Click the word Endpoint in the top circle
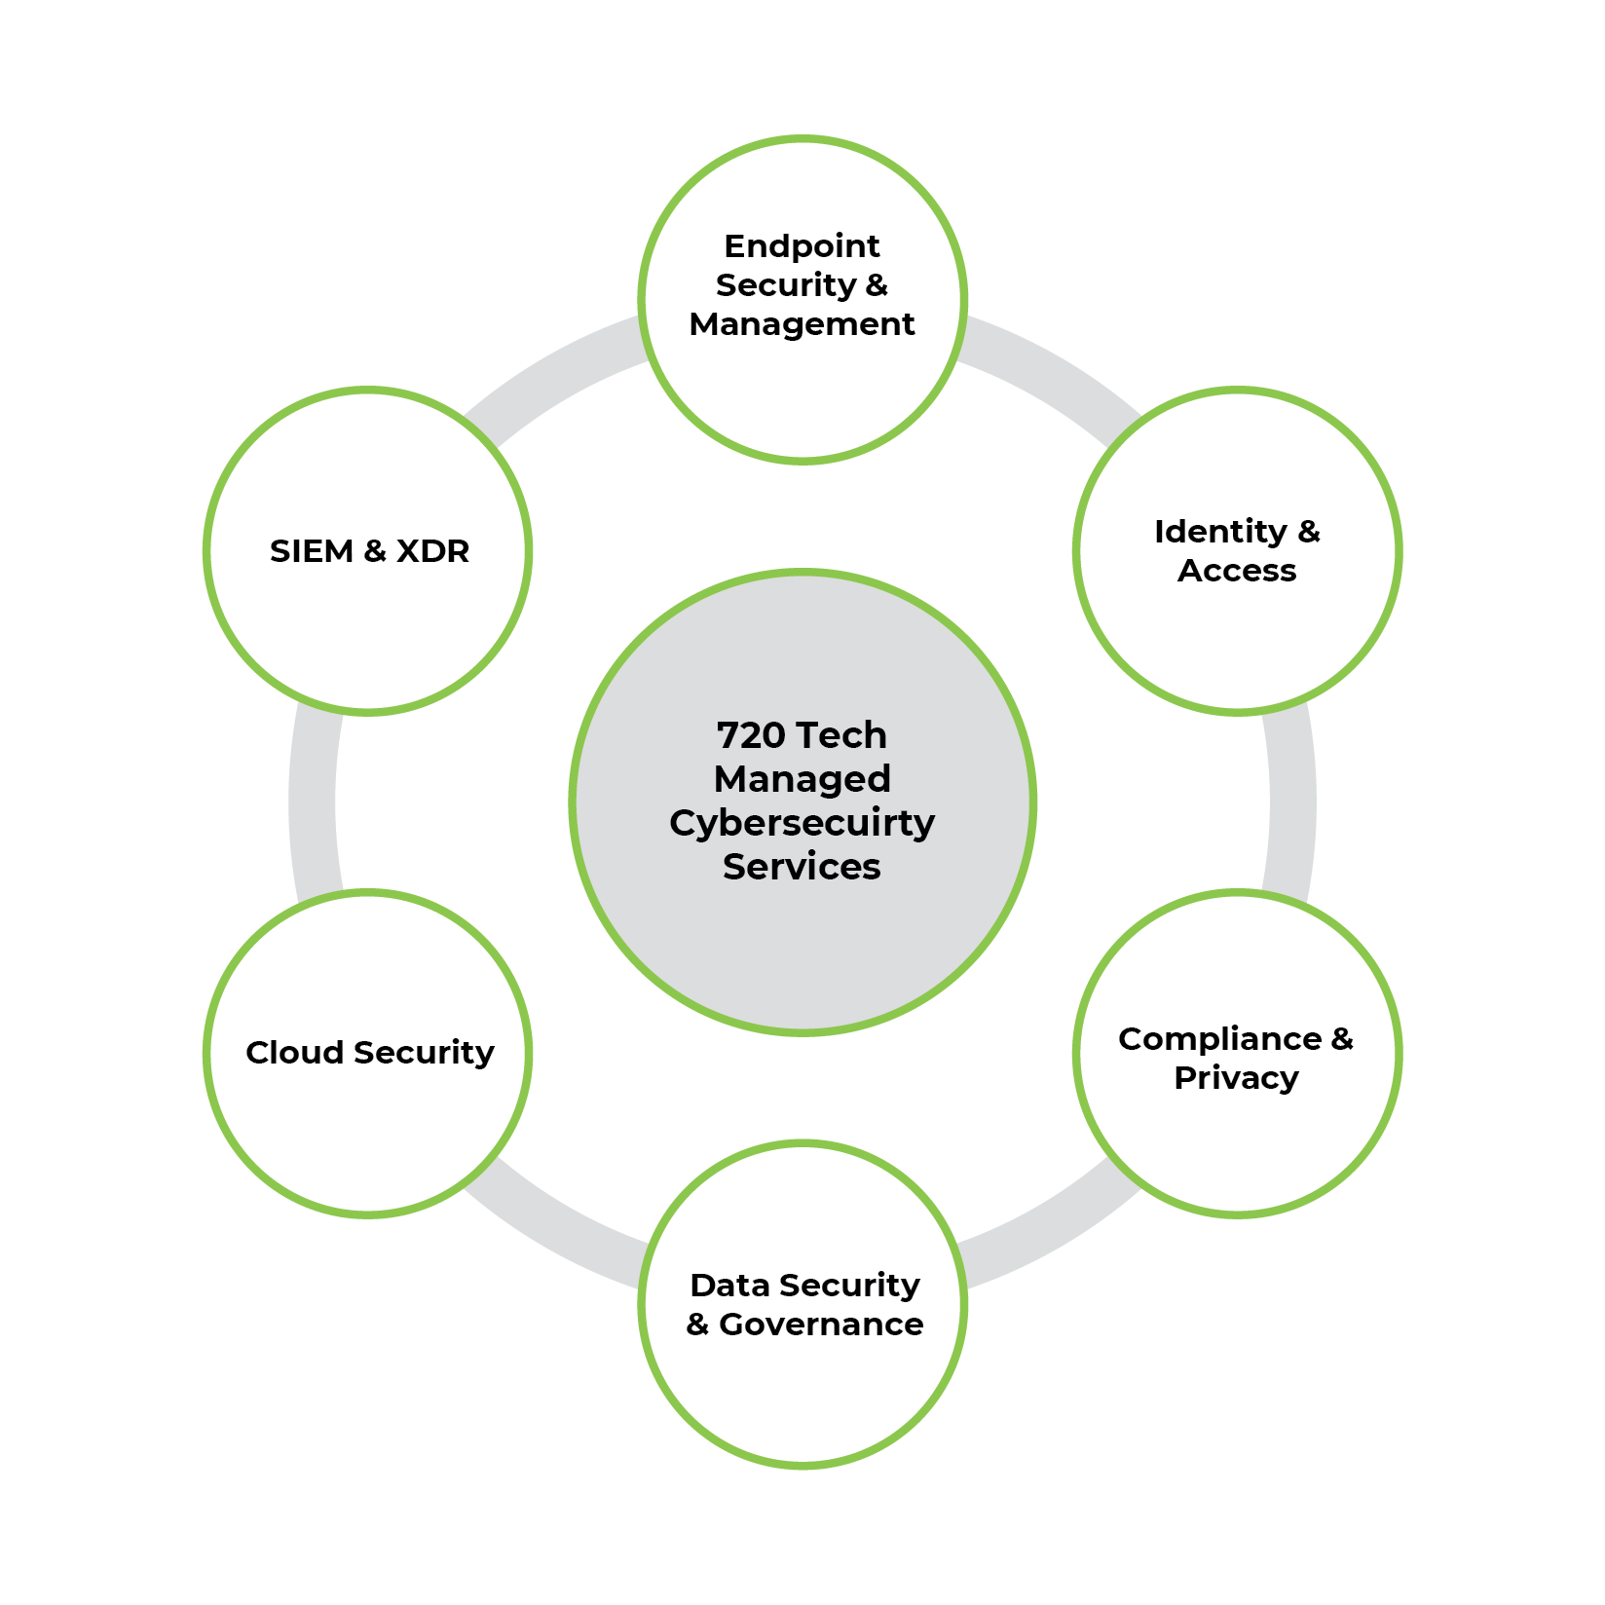[x=802, y=246]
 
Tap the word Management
[x=802, y=324]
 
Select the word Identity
[x=1220, y=532]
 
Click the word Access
[x=1237, y=571]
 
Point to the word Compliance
[x=1219, y=1039]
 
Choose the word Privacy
[x=1236, y=1078]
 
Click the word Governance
[x=821, y=1325]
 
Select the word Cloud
[x=294, y=1053]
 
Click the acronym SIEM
[x=311, y=551]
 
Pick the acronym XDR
[x=432, y=551]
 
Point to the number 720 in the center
[x=750, y=735]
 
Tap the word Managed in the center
[x=802, y=779]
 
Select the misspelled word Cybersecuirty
[x=802, y=823]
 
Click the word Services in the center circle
[x=802, y=867]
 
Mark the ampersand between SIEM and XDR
[x=374, y=551]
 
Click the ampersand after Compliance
[x=1342, y=1039]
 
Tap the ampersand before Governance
[x=697, y=1325]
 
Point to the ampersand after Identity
[x=1309, y=532]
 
